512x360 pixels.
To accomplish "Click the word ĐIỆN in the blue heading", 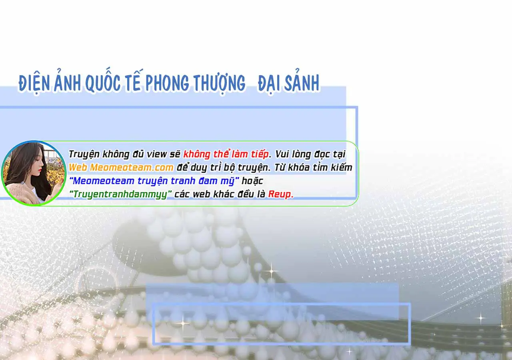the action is point(34,83).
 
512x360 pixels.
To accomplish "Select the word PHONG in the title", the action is point(167,82).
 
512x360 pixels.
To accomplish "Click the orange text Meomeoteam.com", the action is point(132,168).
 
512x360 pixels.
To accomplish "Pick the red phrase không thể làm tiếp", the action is point(226,154).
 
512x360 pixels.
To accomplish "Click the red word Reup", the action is point(281,194).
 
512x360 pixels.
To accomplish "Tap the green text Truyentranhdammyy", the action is point(120,194).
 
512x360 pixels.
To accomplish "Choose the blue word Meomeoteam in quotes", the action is point(103,181).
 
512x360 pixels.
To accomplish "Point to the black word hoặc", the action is point(252,181).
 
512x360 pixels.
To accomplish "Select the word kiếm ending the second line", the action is point(342,168).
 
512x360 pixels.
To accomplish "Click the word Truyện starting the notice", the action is point(84,154).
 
